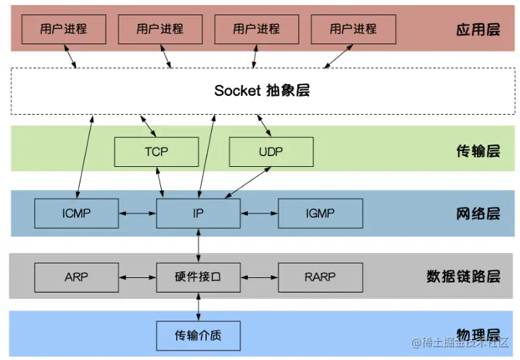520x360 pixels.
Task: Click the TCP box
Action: [x=156, y=151]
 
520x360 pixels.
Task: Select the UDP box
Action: [x=271, y=151]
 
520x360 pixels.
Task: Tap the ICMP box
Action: [x=76, y=213]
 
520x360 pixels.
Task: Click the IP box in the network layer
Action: [x=198, y=213]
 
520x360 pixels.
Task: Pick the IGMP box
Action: [x=320, y=213]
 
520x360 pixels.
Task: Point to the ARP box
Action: [x=76, y=277]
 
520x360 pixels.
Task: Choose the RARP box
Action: [x=320, y=277]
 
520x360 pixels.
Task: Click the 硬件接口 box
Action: [x=198, y=277]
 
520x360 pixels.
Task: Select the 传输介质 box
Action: [x=198, y=335]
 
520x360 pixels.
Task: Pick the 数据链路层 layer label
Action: [x=463, y=277]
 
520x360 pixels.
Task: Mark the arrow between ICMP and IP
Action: [x=137, y=213]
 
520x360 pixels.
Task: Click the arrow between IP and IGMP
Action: [x=259, y=213]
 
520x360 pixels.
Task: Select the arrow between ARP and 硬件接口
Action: [x=137, y=277]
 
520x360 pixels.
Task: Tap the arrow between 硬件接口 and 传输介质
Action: [x=198, y=306]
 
